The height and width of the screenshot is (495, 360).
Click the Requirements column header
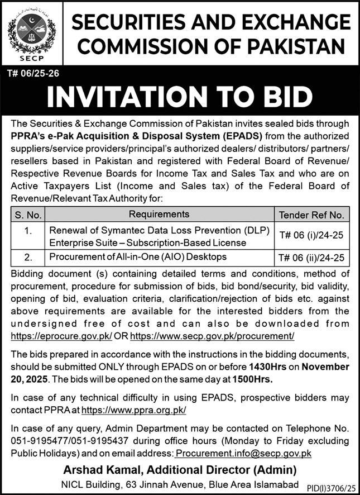(159, 214)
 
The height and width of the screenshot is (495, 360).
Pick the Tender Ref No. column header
(311, 215)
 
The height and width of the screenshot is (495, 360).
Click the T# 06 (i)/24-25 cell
(311, 236)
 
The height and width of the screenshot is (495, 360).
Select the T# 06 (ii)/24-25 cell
(311, 258)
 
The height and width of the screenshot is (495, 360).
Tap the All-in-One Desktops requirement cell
(138, 257)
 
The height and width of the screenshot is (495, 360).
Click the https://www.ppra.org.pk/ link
(133, 410)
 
